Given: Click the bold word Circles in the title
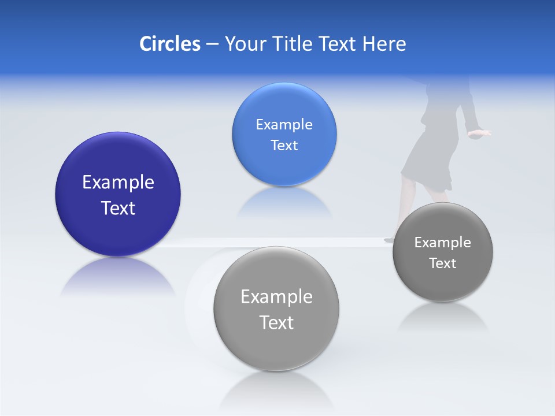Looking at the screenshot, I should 170,44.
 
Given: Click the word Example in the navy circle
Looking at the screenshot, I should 118,183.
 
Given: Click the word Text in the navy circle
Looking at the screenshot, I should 118,208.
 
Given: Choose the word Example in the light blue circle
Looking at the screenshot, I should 284,125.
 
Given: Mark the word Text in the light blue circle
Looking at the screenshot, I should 284,145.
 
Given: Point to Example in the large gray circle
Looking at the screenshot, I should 276,297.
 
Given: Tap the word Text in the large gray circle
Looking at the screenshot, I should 276,322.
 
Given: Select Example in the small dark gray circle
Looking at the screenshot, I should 443,243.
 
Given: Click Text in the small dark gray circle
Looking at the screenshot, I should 443,263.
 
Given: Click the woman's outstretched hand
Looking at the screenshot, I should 480,134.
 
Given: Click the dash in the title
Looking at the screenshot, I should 212,44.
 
